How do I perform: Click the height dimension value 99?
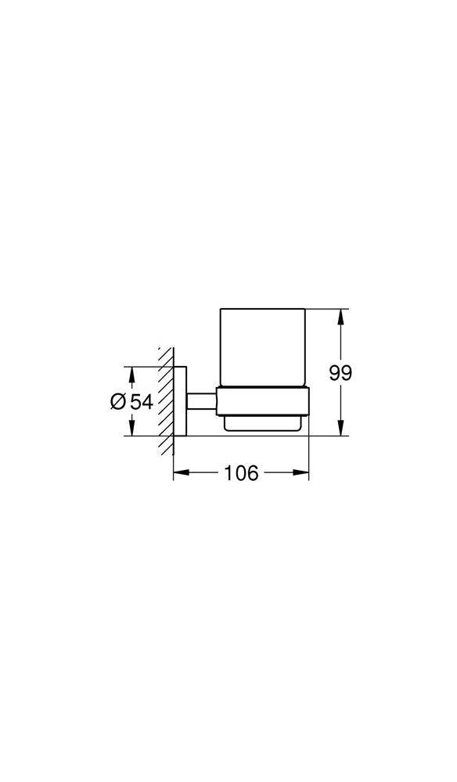pos(340,373)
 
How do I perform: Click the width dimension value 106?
pos(241,473)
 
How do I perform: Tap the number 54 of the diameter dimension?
pos(141,401)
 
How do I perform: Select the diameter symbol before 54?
pos(118,401)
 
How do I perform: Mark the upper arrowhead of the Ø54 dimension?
pos(131,373)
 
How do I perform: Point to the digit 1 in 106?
pos(228,473)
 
